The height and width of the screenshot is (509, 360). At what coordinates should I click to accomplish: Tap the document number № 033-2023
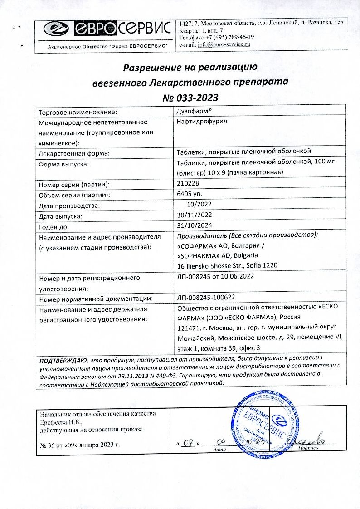pyautogui.click(x=190, y=98)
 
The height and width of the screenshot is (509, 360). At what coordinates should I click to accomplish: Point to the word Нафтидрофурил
pyautogui.click(x=198, y=122)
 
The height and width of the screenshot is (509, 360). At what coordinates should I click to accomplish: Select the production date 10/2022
pyautogui.click(x=199, y=206)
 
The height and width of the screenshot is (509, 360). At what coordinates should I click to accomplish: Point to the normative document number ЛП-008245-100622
pyautogui.click(x=207, y=299)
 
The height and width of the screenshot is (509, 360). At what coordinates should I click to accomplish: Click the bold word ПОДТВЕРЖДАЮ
pyautogui.click(x=63, y=360)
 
